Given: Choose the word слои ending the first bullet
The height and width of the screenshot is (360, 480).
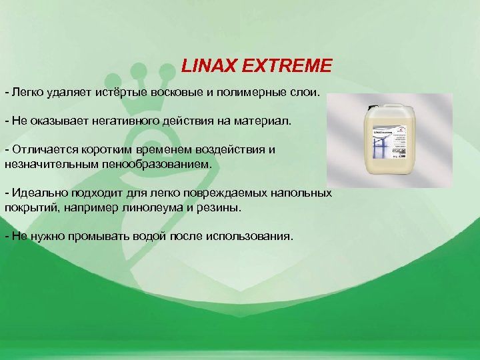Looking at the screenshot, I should pos(306,90).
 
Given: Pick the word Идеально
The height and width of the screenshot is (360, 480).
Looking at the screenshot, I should pos(36,193).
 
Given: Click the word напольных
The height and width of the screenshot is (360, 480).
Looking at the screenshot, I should pos(303,193).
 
